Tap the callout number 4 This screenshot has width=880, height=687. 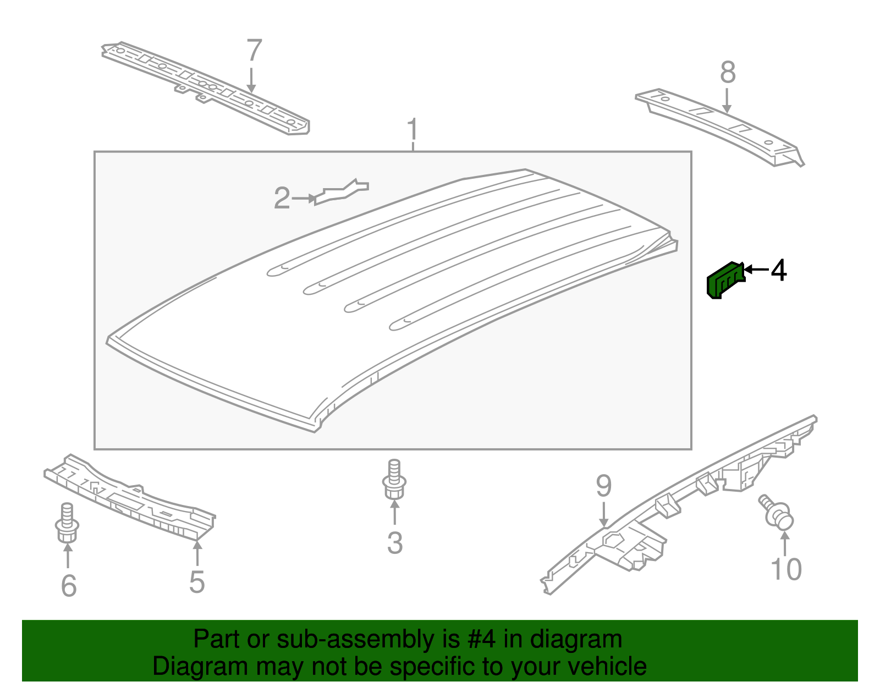(x=778, y=270)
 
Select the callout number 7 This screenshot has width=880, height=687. (x=254, y=51)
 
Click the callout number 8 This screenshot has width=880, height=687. (x=728, y=73)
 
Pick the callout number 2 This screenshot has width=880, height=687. (x=282, y=198)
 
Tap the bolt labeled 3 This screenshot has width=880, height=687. (x=394, y=480)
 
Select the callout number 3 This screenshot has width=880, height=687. (x=395, y=542)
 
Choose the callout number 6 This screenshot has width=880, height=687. (x=68, y=585)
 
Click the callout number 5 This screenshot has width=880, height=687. (x=197, y=582)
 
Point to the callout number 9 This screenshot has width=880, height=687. (x=603, y=486)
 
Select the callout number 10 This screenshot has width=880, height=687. (x=786, y=569)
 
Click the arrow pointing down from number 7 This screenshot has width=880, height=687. (x=251, y=80)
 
